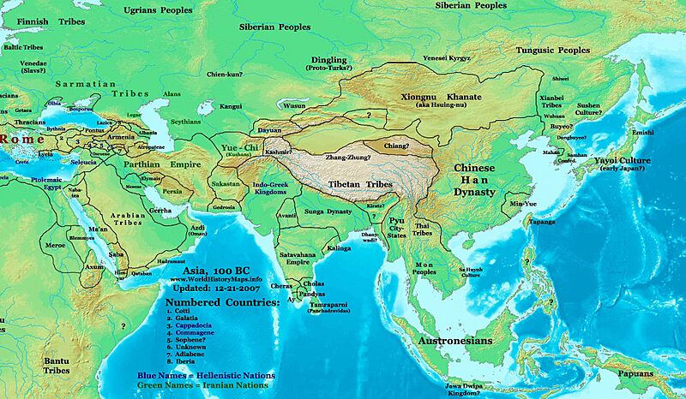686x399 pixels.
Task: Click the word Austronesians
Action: click(x=454, y=341)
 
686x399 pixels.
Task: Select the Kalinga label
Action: click(x=338, y=248)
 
